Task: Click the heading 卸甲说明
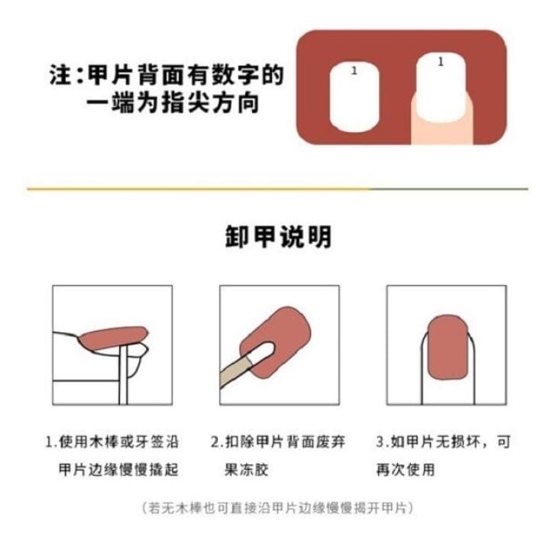pos(278,237)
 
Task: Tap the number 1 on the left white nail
pos(354,71)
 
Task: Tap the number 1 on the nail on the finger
pos(441,62)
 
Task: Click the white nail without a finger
pos(354,97)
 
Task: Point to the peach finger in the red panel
pos(442,130)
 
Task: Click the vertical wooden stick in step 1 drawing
pos(123,374)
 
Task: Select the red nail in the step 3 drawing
pos(448,348)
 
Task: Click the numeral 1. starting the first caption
pos(51,442)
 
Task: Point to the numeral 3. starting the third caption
pos(382,442)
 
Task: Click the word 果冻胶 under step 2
pos(246,469)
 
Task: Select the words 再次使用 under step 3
pos(406,469)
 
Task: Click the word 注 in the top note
pos(60,75)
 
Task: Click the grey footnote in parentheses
pos(278,508)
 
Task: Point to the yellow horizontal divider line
pos(199,189)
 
